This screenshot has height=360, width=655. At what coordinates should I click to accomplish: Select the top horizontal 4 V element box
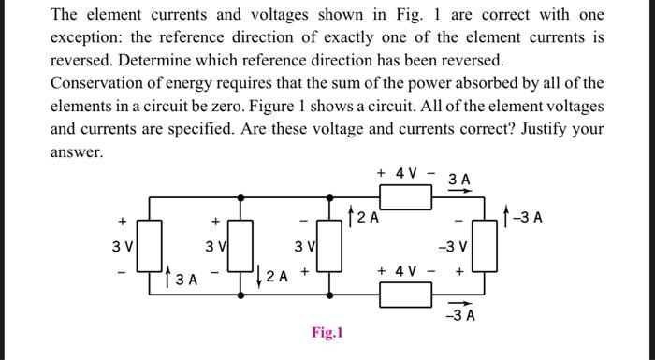point(404,197)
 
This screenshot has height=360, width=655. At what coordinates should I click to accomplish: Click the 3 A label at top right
point(459,178)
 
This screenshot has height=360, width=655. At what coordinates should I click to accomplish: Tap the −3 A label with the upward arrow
point(530,220)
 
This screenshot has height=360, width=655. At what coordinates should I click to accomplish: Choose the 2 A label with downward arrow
point(272,276)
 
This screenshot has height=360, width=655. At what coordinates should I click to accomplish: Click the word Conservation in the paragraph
point(96,83)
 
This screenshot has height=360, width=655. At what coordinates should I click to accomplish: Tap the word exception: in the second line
point(86,38)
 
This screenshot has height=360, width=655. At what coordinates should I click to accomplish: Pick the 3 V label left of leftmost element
point(122,248)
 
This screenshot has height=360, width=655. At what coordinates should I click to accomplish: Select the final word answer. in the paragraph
point(75,151)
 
